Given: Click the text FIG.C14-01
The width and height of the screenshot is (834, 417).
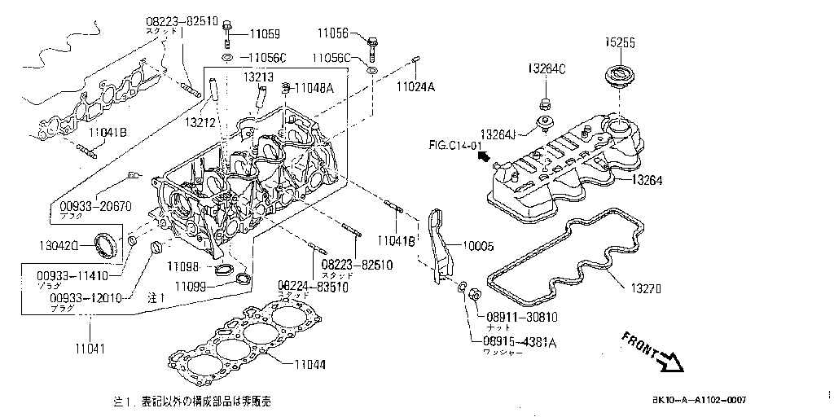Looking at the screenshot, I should (452, 146).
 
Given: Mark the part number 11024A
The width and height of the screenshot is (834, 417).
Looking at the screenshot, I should (415, 86).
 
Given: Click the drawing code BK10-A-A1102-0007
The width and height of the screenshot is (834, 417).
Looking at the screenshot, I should (698, 400).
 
